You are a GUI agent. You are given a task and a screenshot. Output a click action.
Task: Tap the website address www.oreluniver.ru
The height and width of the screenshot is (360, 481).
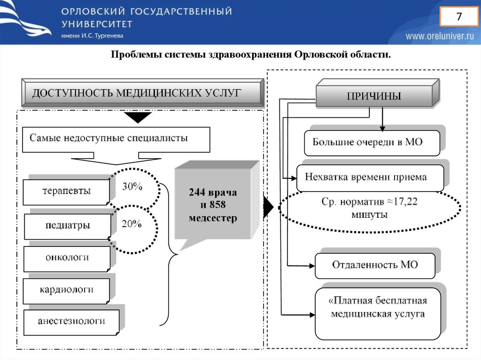(440, 36)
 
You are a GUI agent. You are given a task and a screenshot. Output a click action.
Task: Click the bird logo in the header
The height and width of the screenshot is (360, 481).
(26, 21)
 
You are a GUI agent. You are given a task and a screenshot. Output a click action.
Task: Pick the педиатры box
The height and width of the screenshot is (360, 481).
(68, 226)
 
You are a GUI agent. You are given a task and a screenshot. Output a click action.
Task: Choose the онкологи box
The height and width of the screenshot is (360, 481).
(67, 258)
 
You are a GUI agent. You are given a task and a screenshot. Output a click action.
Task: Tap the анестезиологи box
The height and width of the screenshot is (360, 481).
(71, 322)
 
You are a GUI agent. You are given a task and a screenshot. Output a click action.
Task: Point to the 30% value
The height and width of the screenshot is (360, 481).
(132, 186)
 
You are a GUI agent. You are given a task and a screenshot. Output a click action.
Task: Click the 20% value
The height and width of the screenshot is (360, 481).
(132, 224)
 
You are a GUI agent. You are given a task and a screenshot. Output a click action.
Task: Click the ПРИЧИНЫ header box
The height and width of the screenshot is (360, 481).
(373, 96)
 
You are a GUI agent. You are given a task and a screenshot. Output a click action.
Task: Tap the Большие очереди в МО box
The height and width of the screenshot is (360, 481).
(372, 142)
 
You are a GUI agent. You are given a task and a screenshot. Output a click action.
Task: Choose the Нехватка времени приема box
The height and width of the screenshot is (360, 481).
(370, 177)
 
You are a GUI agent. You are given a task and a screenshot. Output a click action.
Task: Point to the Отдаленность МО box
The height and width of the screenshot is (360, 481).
(374, 265)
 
